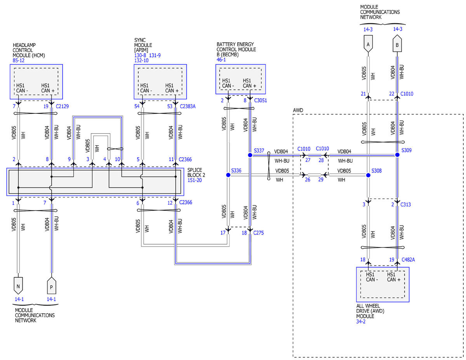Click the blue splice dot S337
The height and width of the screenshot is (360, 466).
coord(250,155)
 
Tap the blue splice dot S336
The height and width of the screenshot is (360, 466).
coord(228,175)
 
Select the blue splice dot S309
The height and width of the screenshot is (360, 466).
coord(397,155)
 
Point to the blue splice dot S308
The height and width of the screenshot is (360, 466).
coord(368,175)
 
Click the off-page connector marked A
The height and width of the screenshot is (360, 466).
coord(368,44)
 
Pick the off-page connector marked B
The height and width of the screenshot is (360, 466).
coord(397,43)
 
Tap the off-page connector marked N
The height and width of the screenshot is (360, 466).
coord(18,285)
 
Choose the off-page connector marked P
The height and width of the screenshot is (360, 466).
coord(52,285)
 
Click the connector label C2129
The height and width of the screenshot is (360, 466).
coord(62,106)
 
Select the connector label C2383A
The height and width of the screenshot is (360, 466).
coord(188,106)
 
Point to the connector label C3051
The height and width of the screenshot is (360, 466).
coord(261,100)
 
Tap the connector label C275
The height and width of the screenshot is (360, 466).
coord(258,233)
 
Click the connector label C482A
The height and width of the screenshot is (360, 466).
coord(408,260)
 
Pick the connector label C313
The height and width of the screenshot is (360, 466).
coord(405,205)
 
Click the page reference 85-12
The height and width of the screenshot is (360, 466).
coord(18,61)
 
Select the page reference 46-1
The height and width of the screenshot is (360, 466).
coord(221,59)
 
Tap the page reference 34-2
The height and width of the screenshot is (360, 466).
coord(361,322)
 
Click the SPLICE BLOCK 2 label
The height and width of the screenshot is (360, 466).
coord(196,172)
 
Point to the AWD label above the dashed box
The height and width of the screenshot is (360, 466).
coord(298,110)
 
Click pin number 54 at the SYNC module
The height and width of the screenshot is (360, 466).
coord(137,106)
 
